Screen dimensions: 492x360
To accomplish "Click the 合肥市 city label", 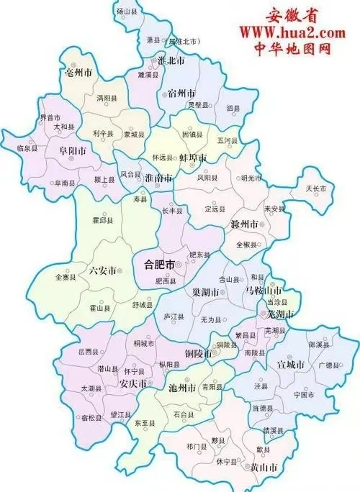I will (x=156, y=265).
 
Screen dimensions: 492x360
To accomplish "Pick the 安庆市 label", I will (x=133, y=383).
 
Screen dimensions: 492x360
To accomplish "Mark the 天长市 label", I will (x=316, y=188).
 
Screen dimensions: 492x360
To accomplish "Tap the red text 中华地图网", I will (x=293, y=50).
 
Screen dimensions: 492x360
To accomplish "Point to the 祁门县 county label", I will (x=195, y=446).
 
